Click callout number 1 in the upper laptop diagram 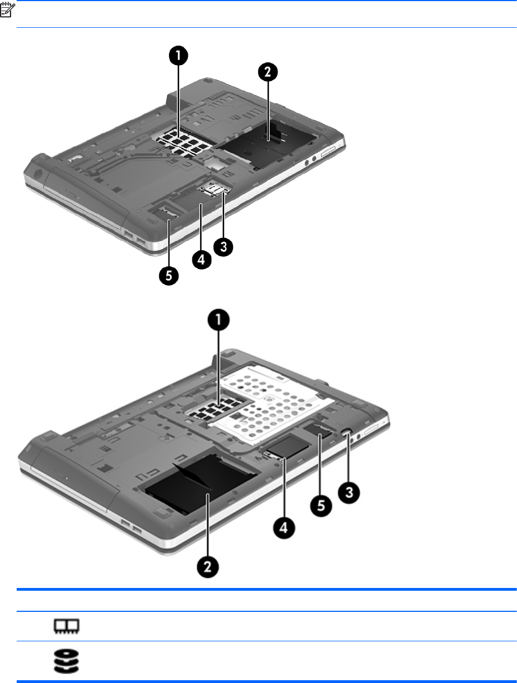[178, 56]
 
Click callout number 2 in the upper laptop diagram [268, 72]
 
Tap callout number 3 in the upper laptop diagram [223, 247]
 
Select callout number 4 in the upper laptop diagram [201, 259]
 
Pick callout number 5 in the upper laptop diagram [168, 276]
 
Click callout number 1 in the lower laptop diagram [218, 320]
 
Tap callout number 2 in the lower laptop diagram [207, 566]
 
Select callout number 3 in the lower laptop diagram [349, 492]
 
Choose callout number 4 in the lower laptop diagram [284, 528]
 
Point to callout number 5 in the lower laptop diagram [321, 506]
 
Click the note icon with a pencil [7, 10]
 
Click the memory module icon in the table [67, 625]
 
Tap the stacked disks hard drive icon [66, 661]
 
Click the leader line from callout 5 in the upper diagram [169, 243]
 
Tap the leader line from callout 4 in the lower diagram [284, 487]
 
